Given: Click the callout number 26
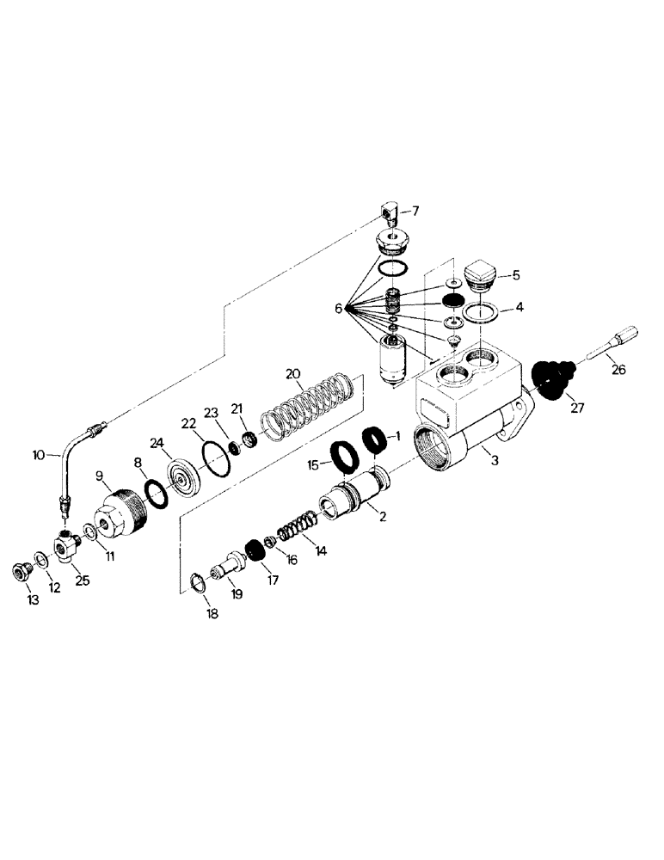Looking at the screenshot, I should tap(619, 371).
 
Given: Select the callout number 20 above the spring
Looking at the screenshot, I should tap(293, 374).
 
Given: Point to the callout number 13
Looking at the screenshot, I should tap(33, 600).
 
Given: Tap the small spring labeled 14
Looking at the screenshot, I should tap(299, 527).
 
